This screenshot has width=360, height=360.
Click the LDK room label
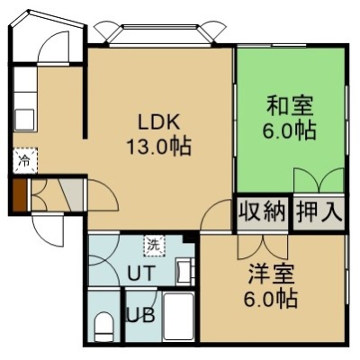tap(158, 122)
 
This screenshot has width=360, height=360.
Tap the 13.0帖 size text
tap(159, 146)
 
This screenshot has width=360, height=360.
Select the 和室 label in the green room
tap(290, 105)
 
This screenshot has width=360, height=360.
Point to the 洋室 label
tap(271, 274)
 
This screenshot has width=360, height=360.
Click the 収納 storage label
tap(262, 212)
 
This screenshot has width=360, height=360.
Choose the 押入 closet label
tap(319, 212)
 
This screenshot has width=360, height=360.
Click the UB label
tap(141, 315)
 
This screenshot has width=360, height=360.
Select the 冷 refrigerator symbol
tap(25, 161)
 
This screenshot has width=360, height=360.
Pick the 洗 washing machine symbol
tap(154, 246)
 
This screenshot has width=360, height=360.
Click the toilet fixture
tap(103, 327)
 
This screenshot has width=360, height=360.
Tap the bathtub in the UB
tap(178, 316)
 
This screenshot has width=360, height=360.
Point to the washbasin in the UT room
tap(184, 271)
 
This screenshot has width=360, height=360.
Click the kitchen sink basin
tap(25, 120)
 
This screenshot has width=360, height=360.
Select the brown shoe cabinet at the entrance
tap(19, 195)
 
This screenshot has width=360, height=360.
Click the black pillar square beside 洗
tap(189, 238)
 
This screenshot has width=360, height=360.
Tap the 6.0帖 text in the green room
tap(289, 130)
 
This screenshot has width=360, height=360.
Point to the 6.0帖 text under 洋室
tap(271, 298)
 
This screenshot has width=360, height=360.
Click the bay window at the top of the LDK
tap(159, 35)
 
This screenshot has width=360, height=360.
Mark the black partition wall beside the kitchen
tap(85, 83)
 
